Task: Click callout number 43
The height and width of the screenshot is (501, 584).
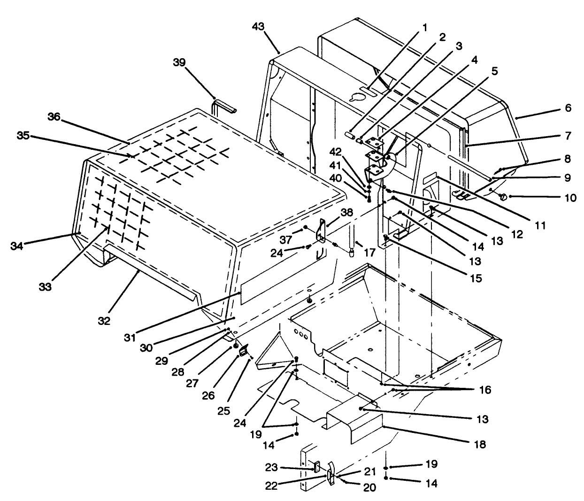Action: (x=258, y=27)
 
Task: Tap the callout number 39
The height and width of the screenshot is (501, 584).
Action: (x=180, y=62)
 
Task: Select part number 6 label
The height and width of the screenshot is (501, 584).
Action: (x=568, y=108)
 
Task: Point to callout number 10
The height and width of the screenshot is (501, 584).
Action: (x=570, y=198)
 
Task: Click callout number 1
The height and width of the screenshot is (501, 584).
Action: (x=425, y=27)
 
